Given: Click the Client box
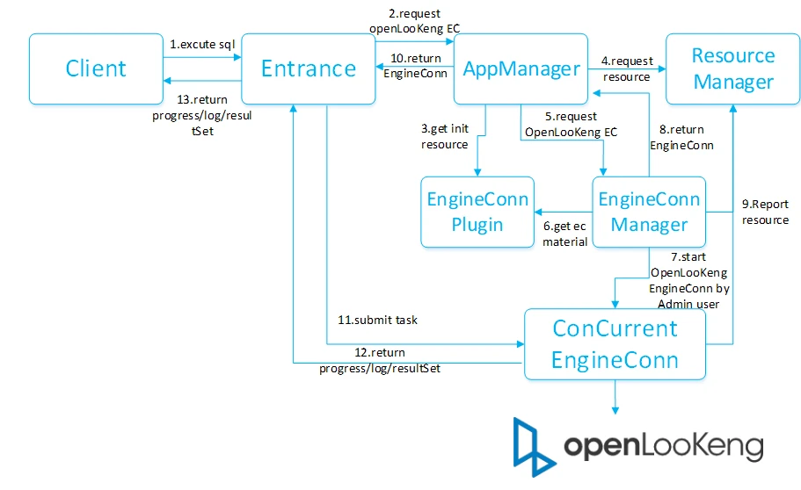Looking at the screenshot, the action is click(x=96, y=68).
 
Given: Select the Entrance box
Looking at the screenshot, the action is click(x=308, y=68).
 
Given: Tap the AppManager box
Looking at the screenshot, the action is click(x=521, y=68).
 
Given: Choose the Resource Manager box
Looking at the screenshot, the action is click(x=732, y=68).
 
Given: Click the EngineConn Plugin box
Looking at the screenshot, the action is click(x=477, y=212).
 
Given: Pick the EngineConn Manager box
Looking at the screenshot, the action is click(x=649, y=212).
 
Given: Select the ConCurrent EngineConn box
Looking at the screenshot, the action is click(x=615, y=344).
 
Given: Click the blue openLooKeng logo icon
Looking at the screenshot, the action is click(x=534, y=447).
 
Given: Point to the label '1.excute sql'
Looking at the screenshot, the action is click(x=202, y=45).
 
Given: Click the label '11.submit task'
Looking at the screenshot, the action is click(x=377, y=320).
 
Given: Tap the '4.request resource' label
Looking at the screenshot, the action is click(x=627, y=68).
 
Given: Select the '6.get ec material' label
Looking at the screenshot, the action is click(x=564, y=234).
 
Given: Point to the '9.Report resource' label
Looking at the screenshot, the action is click(x=765, y=212).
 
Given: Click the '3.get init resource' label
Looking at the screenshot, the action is click(x=444, y=136).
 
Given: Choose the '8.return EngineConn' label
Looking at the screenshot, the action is click(x=681, y=137).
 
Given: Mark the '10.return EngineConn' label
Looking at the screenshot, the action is click(x=415, y=66).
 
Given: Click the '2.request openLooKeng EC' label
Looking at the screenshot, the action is click(x=414, y=21).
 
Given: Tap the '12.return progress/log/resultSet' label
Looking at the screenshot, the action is click(x=380, y=360).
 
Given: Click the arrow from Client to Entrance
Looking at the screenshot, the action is click(x=202, y=57).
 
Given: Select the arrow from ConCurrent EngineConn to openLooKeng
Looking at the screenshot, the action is click(x=615, y=397).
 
